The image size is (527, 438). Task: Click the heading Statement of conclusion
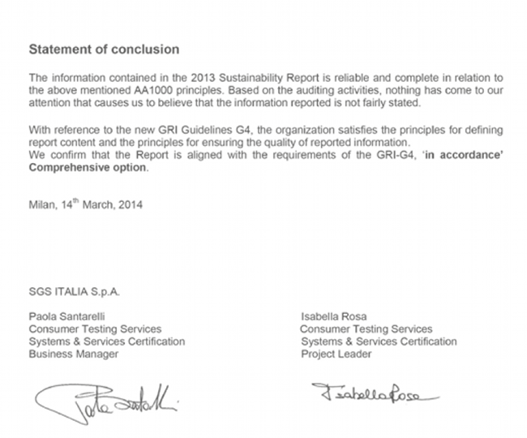pos(104,49)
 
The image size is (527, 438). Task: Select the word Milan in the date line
pos(41,205)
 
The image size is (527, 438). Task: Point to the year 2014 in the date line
pos(131,205)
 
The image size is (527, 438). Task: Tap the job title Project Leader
pos(336,354)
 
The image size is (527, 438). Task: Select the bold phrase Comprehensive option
pos(88,168)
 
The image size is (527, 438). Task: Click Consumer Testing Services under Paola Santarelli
pos(95,329)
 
